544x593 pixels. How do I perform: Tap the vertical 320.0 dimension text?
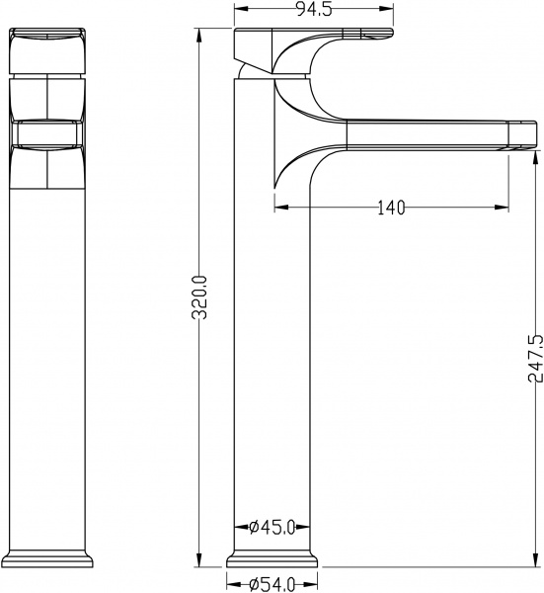[200, 296]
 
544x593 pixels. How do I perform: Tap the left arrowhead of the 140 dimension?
[278, 207]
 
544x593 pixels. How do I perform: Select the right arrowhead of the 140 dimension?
[508, 207]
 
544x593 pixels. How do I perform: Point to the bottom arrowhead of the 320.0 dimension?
[200, 562]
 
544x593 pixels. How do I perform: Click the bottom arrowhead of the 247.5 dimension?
[534, 562]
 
